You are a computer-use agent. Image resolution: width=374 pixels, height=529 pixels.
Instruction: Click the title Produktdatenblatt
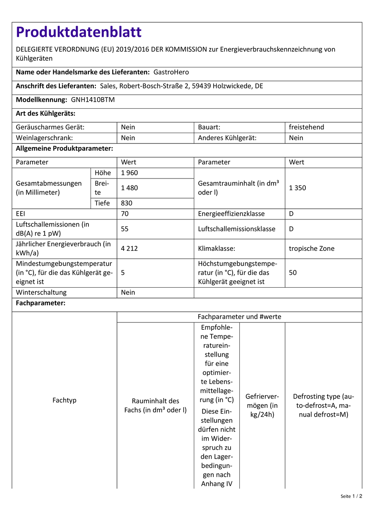pos(79,32)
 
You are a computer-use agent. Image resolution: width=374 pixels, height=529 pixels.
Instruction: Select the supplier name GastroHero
pos(171,72)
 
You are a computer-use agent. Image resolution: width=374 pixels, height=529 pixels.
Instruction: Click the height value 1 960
pos(129,173)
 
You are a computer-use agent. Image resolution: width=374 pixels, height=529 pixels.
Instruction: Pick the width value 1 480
pos(129,188)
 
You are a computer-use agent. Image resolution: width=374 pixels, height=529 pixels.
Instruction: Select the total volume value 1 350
pos(298,188)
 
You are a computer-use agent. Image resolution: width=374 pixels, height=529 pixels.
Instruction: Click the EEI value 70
pos(125,214)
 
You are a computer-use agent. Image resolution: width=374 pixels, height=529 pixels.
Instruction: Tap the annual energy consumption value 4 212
pos(129,249)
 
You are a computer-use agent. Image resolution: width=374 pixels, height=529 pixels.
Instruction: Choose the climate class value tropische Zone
pos(312,249)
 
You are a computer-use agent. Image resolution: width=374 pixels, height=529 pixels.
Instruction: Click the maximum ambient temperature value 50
pos(293,273)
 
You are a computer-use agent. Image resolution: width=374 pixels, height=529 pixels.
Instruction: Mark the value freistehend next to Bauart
pos(306,127)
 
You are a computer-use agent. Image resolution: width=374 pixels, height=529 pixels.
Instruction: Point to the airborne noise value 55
pos(125,229)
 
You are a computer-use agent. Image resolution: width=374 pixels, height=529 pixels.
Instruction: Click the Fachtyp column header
pos(64,400)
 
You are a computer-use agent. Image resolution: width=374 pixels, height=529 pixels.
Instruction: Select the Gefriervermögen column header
pos(262,405)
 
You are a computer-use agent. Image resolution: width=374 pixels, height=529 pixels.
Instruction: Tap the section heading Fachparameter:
pos(40,303)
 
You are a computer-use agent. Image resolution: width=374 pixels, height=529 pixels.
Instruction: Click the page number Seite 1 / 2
pos(351,496)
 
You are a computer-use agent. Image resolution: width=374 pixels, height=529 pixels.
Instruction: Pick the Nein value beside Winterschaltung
pos(128,293)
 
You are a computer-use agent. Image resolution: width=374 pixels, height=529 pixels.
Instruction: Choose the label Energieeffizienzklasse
pos(231,214)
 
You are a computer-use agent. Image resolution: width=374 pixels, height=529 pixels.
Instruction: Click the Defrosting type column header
pos(324,405)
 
